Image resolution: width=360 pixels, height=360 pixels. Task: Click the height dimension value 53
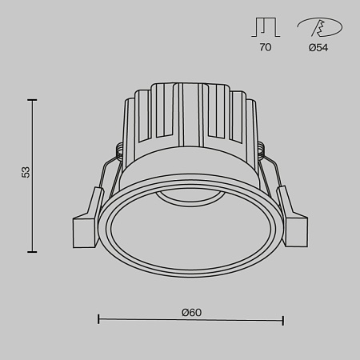pos(26,171)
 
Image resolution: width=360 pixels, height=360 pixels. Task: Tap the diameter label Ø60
pos(190,311)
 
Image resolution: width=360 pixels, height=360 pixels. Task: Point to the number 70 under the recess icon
pos(265,48)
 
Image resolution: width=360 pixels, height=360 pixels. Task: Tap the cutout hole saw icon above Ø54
pos(320,28)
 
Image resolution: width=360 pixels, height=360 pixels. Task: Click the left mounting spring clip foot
pos(84,230)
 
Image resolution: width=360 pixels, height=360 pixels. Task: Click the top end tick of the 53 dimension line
pos(33,100)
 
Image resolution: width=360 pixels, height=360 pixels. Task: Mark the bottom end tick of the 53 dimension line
pos(33,251)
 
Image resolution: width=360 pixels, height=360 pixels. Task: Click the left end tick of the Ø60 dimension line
pos(98,320)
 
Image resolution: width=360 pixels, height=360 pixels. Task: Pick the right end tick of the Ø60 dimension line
pos(283,320)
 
